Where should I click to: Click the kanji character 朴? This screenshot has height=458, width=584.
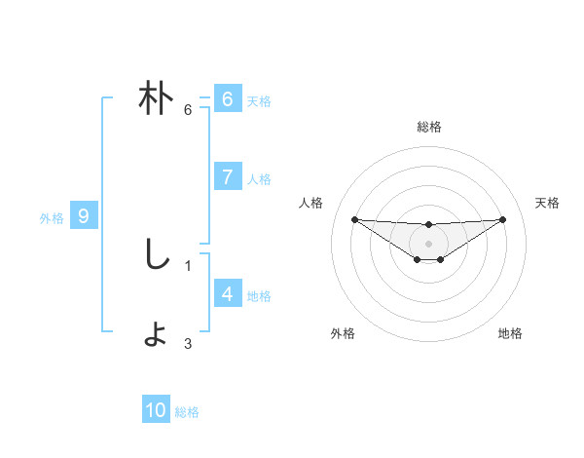(156, 99)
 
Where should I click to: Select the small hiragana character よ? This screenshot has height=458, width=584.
(156, 334)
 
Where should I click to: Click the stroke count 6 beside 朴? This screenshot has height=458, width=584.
(188, 109)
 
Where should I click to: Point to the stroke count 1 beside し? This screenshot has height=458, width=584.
(188, 263)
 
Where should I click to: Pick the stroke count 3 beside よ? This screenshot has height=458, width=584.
(188, 343)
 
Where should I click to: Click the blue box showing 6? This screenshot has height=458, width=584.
(227, 99)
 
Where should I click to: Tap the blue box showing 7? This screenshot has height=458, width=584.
(227, 177)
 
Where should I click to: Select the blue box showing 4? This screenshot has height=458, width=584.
(227, 293)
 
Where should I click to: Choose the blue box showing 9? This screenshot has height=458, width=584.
(84, 216)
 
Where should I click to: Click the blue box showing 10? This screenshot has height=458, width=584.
(156, 410)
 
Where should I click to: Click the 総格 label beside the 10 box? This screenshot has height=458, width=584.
(187, 412)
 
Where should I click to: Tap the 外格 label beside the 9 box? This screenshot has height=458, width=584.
(52, 218)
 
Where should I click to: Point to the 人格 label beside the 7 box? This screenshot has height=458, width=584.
(259, 179)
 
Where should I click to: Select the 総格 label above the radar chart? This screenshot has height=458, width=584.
(428, 127)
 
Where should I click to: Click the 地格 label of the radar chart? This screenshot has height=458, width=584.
(510, 333)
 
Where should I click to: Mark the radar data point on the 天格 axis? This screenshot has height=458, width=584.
(502, 219)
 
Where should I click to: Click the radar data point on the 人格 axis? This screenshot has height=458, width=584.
(354, 219)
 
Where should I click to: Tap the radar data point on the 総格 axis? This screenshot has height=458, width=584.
(428, 225)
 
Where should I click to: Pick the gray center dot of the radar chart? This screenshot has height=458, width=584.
(428, 243)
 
